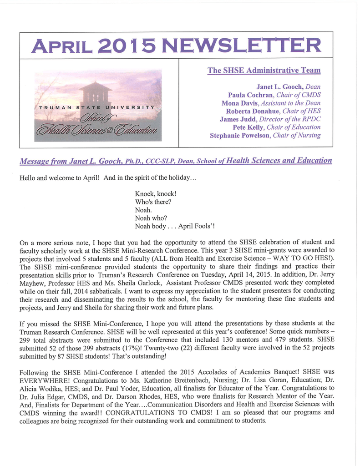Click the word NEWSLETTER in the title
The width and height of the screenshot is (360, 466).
click(x=241, y=45)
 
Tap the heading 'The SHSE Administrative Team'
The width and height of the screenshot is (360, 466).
click(x=264, y=71)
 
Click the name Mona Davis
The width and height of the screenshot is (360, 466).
click(x=240, y=103)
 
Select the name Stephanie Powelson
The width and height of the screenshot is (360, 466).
click(x=240, y=136)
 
